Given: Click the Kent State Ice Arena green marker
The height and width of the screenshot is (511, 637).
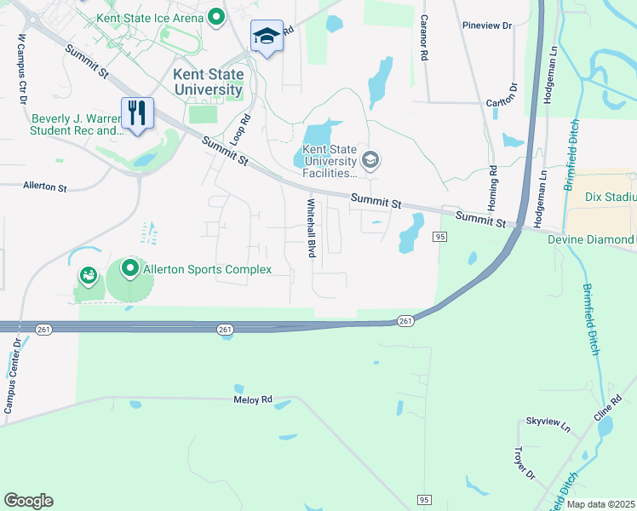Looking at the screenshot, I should point(216,17).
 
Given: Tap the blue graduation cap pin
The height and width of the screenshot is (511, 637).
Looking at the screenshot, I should point(267,37).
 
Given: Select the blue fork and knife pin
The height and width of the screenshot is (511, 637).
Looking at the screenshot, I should point(136,112).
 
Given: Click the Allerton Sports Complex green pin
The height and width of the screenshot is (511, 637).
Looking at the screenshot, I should point(130,269).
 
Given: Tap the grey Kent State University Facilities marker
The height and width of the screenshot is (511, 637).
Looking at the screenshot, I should point(370,159).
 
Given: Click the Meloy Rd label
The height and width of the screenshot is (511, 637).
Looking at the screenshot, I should point(253,399).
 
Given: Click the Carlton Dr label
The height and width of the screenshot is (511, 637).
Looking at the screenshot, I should point(502,96).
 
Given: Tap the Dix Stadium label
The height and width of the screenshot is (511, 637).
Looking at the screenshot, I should point(610,196).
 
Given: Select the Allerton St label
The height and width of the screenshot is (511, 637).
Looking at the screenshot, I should point(45,185).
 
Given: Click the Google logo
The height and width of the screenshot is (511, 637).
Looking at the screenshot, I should point(28,501).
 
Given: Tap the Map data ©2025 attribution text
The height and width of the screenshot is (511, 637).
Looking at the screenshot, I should point(600,504).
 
